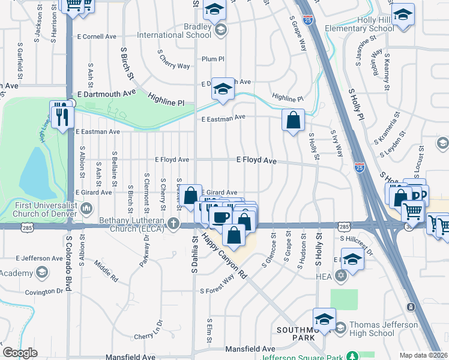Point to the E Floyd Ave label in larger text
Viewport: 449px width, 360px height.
point(256,161)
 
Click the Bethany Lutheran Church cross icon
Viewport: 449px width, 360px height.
point(174,224)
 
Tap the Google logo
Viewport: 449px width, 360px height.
point(20,353)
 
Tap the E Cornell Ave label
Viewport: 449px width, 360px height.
point(96,37)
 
